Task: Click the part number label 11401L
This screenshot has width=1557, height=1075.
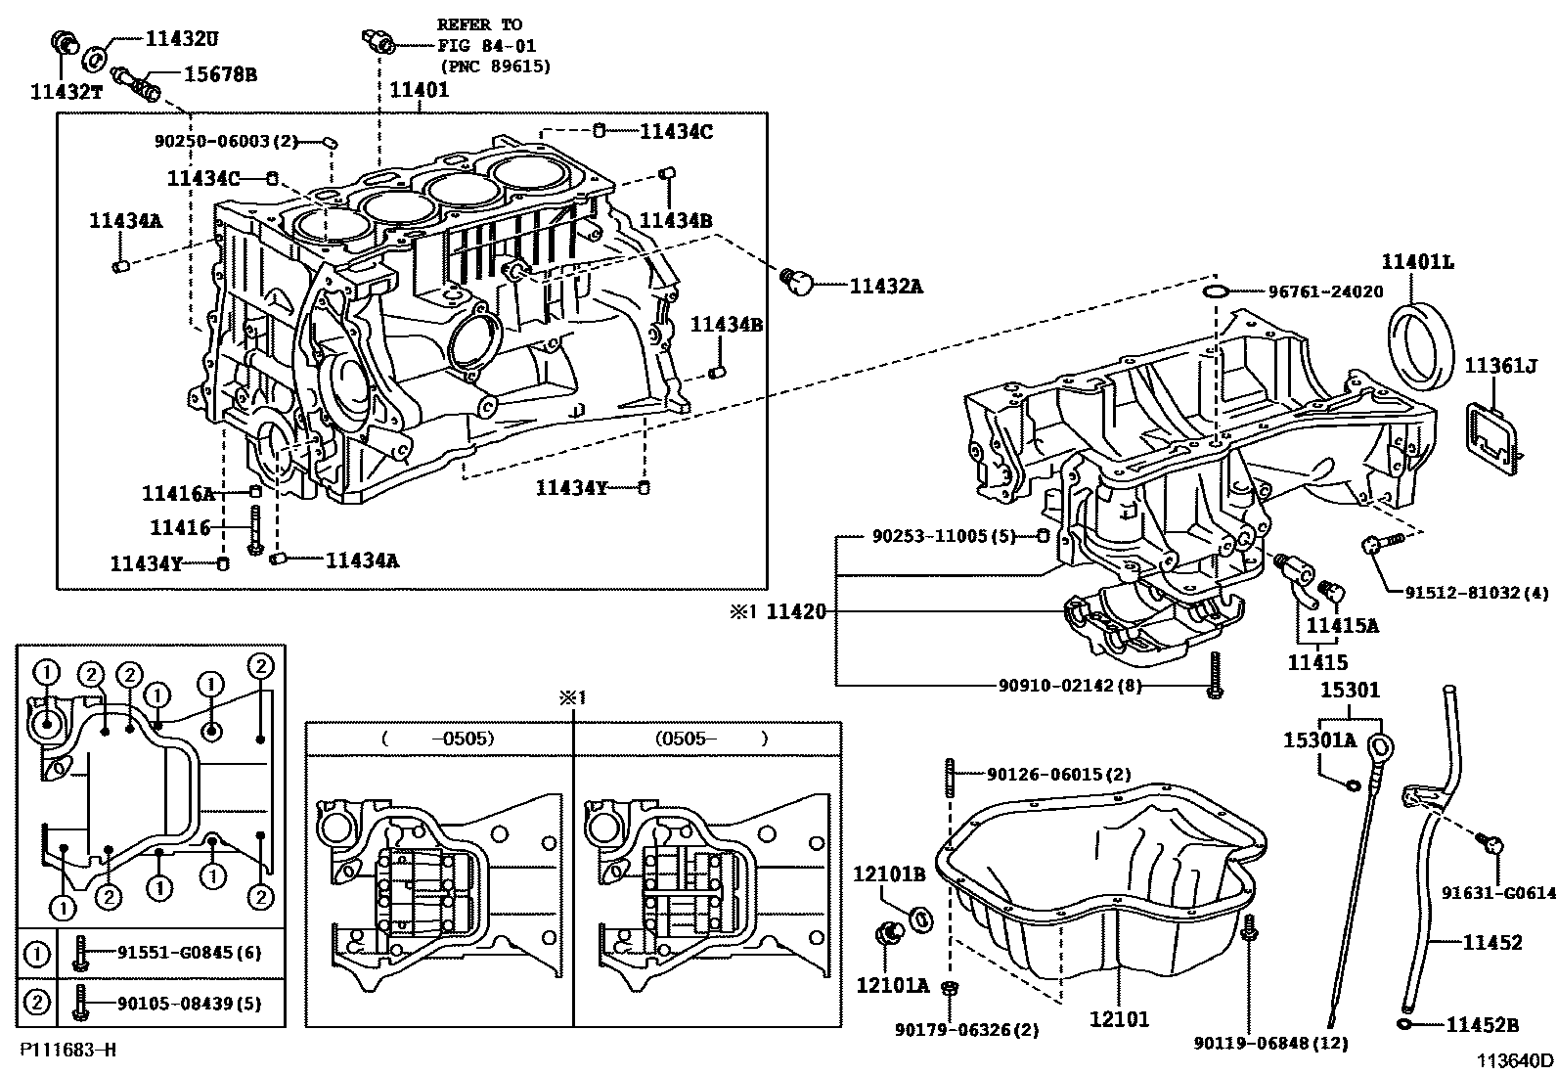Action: point(1416,262)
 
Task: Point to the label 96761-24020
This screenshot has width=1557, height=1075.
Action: point(1325,291)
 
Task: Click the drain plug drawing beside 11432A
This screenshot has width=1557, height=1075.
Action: point(798,284)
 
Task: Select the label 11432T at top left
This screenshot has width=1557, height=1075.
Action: point(67,91)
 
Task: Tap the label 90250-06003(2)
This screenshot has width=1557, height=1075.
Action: point(225,141)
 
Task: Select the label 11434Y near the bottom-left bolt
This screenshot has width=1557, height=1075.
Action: point(147,563)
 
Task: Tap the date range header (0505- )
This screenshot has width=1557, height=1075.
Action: point(711,739)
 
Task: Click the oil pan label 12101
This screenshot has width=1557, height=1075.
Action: point(1119,1019)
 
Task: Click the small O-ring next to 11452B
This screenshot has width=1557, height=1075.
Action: point(1404,1024)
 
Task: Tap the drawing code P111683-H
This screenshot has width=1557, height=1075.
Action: point(67,1050)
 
